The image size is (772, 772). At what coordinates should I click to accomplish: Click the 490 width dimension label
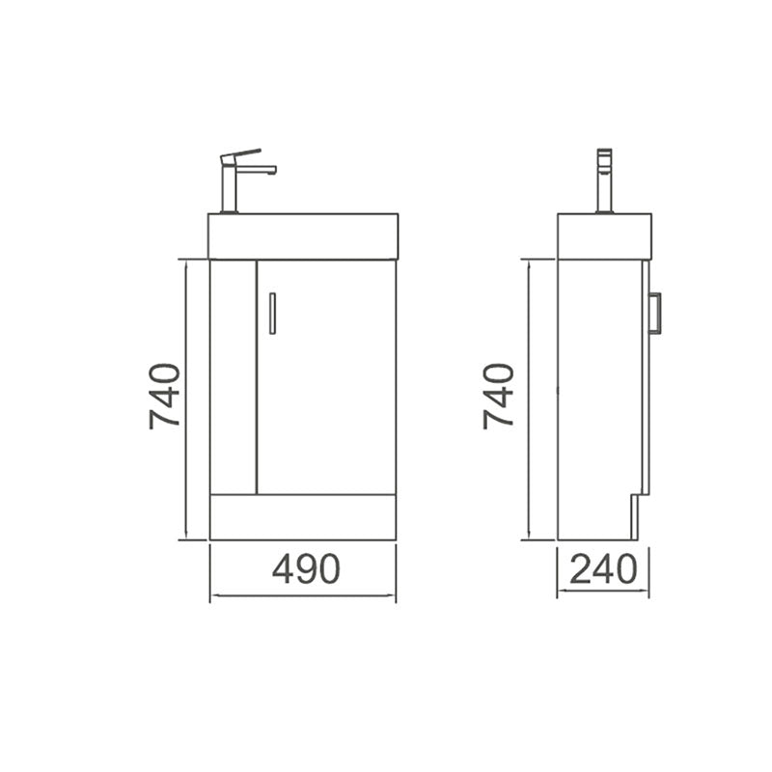tap(306, 569)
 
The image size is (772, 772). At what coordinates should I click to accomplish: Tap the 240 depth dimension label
tap(603, 569)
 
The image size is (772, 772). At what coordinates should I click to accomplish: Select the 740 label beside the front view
tap(164, 396)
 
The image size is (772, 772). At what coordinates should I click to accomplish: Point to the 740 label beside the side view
tap(499, 396)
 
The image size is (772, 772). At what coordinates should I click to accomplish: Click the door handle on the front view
tap(273, 314)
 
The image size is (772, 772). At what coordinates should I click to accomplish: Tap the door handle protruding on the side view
tap(656, 313)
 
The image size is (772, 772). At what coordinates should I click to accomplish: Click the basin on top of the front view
tap(303, 236)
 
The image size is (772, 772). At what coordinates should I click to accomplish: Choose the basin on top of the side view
tap(604, 236)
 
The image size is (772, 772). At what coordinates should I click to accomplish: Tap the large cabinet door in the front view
tap(326, 376)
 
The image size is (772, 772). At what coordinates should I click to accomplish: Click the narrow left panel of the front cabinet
tap(233, 376)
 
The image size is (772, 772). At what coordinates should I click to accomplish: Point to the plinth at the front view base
tap(303, 517)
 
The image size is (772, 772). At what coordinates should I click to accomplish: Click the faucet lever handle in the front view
tap(241, 153)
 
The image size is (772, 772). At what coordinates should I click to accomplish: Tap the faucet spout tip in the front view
tap(273, 171)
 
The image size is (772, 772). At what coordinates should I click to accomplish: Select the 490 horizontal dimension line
tap(303, 595)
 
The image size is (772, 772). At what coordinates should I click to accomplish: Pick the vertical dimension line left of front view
tap(183, 400)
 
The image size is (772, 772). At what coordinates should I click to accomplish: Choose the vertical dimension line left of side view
tap(529, 400)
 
